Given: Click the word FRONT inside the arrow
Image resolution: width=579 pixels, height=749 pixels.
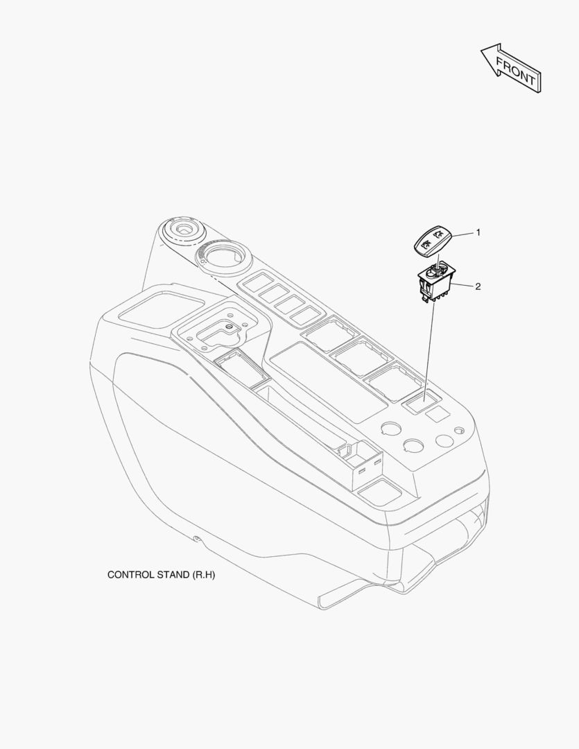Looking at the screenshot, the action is [x=515, y=71].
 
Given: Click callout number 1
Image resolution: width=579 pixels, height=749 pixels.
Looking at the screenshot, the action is [x=477, y=232].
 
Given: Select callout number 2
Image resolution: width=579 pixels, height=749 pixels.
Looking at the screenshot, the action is [x=477, y=286].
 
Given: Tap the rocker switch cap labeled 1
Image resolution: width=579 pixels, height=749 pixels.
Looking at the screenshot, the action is [x=432, y=241].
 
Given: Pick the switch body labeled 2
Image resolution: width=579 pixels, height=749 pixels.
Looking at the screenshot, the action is [x=436, y=281].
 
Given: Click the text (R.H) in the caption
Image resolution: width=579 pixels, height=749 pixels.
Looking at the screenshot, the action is [x=204, y=575].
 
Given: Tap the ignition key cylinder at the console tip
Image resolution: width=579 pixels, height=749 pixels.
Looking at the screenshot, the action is [x=183, y=232].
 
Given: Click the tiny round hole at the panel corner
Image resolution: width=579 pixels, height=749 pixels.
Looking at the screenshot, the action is [x=459, y=431].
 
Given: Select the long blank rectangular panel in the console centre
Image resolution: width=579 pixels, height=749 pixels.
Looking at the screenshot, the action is [x=329, y=382].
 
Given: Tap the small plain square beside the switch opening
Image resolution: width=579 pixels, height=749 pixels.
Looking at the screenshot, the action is [x=438, y=413].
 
